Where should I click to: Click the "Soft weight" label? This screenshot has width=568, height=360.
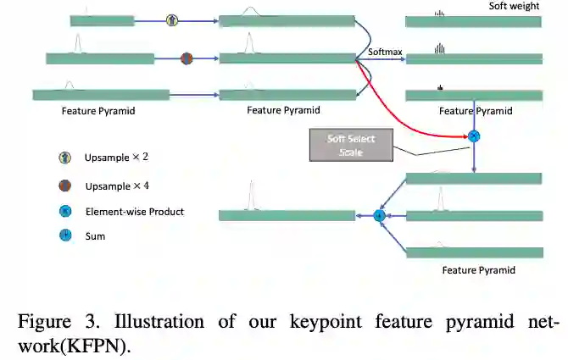coord(514,6)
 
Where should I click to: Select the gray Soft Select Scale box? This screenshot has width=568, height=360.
coord(351,145)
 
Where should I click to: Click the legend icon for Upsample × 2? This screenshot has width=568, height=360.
coord(64,158)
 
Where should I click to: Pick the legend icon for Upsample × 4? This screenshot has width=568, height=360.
coord(64,185)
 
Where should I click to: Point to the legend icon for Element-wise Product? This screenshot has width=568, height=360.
coord(64,211)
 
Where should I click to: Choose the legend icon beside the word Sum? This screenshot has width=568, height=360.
coord(64,235)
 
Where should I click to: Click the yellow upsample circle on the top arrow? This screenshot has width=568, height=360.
coord(172,19)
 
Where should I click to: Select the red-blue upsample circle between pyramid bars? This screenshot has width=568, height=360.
coord(187,58)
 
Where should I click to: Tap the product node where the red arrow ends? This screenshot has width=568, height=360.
coord(474,136)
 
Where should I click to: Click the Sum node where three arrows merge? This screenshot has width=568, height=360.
coord(379,216)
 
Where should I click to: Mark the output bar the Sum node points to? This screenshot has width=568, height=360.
coord(287,215)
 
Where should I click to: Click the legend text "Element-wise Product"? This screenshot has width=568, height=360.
coord(135,212)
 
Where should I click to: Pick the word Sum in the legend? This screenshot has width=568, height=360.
coord(95,236)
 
